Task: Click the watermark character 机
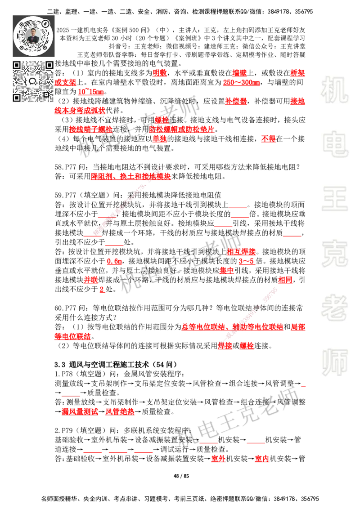coord(334,90)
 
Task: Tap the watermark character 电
coord(336,144)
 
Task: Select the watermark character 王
coord(334,199)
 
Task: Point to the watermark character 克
coord(334,253)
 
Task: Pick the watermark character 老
coord(334,307)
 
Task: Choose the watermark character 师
coord(334,363)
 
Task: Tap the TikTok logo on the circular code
coord(45,23)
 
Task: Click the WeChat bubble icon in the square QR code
coord(33,81)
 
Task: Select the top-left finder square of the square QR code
coord(17,65)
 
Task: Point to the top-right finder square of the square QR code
coord(49,65)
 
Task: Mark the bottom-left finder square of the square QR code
coord(17,97)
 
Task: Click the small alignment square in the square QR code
coord(46,94)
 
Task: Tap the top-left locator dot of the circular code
coord(22,24)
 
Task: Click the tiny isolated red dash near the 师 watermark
coord(302,386)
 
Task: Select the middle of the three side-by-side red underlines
coord(118,451)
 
